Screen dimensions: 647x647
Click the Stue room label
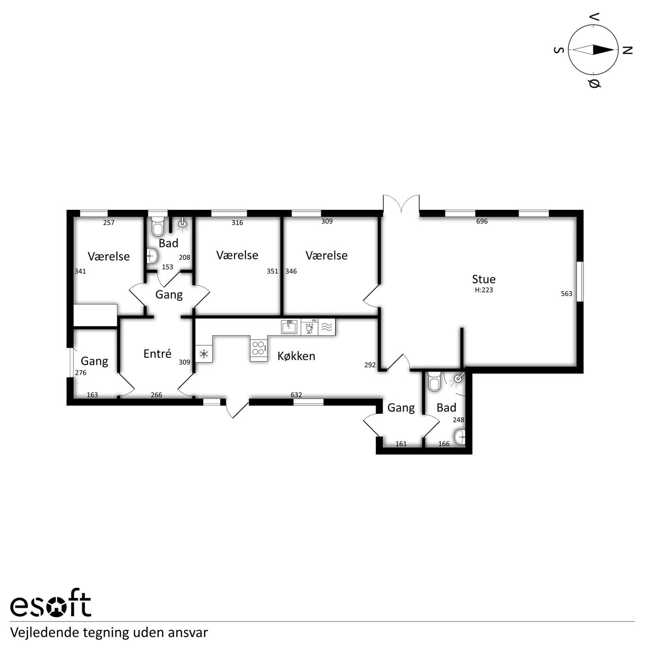pyautogui.click(x=483, y=279)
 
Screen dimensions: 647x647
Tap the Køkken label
pyautogui.click(x=296, y=356)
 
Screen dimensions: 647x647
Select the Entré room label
pyautogui.click(x=157, y=354)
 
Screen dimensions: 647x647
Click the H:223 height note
pyautogui.click(x=484, y=290)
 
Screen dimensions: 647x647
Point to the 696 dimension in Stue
pyautogui.click(x=482, y=221)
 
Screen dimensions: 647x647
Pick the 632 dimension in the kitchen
pyautogui.click(x=296, y=395)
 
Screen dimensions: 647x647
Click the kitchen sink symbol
pyautogui.click(x=289, y=327)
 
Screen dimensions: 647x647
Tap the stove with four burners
pyautogui.click(x=258, y=348)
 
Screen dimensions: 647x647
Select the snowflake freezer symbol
pyautogui.click(x=204, y=354)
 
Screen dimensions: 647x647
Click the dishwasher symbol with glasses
pyautogui.click(x=310, y=327)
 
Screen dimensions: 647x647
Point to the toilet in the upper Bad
pyautogui.click(x=158, y=226)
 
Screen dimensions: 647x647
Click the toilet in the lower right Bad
pyautogui.click(x=434, y=381)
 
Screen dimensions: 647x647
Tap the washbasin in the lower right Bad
pyautogui.click(x=459, y=437)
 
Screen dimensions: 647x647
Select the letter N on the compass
pyautogui.click(x=628, y=50)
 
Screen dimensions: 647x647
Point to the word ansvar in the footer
pyautogui.click(x=193, y=633)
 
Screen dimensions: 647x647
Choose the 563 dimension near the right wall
pyautogui.click(x=567, y=294)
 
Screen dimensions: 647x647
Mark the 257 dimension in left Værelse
pyautogui.click(x=109, y=223)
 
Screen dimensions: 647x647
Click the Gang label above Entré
pyautogui.click(x=169, y=294)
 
